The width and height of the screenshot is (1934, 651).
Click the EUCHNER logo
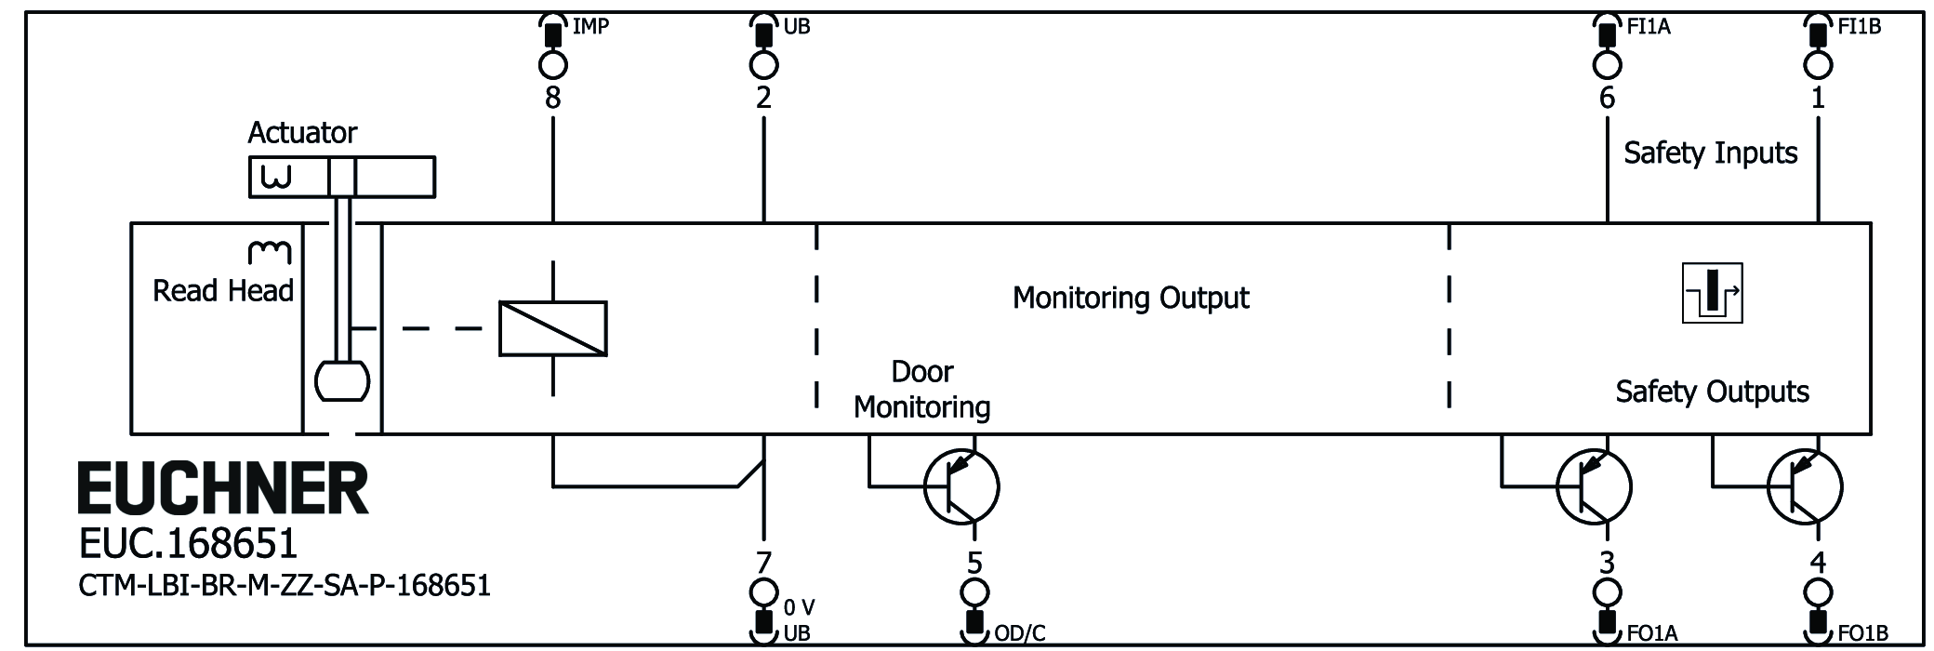point(223,489)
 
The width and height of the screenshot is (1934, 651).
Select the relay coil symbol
point(553,328)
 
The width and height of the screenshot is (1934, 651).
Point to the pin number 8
point(553,98)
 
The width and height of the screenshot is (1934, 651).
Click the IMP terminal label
point(590,26)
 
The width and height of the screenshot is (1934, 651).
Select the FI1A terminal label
point(1649,26)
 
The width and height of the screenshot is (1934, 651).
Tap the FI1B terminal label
point(1860,26)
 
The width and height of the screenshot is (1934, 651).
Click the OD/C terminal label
point(1020,634)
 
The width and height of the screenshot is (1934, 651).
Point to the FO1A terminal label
point(1652,634)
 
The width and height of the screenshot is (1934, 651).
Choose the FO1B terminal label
point(1863,634)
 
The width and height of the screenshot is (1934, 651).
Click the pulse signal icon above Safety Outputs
point(1712,294)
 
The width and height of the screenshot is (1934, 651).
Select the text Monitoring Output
point(1131,298)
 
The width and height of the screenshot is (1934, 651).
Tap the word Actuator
point(302,133)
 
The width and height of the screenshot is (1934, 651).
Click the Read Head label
point(223,291)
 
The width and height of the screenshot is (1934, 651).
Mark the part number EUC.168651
point(188,542)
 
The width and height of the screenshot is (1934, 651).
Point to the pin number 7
point(763,563)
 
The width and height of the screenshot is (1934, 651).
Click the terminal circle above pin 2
point(763,65)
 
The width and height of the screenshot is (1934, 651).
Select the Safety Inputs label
point(1711,153)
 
